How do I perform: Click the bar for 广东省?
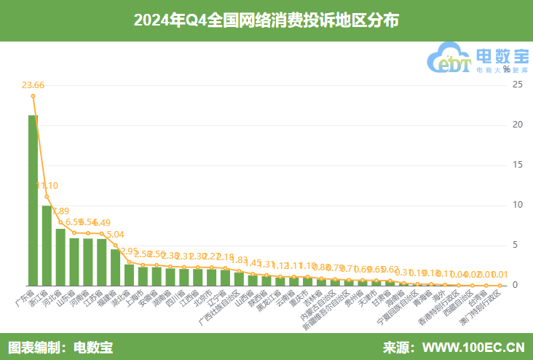click(x=33, y=200)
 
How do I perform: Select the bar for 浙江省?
click(x=47, y=246)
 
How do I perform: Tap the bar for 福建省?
click(x=115, y=267)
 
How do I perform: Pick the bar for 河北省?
click(x=60, y=257)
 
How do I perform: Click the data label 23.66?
click(x=33, y=85)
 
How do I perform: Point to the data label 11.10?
click(x=47, y=185)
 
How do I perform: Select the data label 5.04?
click(x=115, y=235)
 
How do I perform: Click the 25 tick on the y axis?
click(x=518, y=85)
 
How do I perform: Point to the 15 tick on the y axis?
click(x=518, y=165)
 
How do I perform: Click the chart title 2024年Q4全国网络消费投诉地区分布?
click(x=266, y=20)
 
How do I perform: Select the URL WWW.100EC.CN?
click(x=473, y=346)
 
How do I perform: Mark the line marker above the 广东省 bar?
click(x=33, y=95)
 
